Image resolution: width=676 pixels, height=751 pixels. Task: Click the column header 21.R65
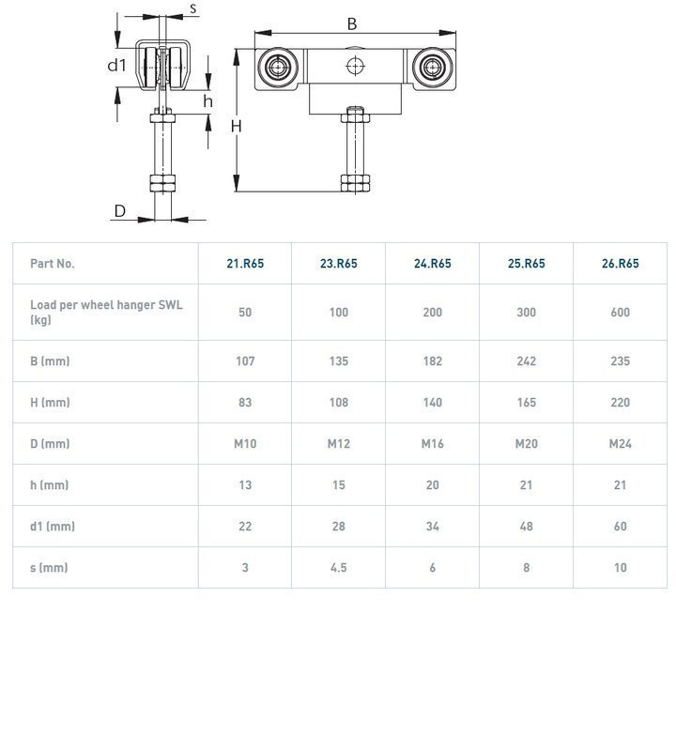tap(245, 264)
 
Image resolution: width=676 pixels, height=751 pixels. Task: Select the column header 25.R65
tap(527, 264)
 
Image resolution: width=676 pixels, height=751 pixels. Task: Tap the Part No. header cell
tap(53, 264)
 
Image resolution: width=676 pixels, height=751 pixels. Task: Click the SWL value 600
tap(621, 313)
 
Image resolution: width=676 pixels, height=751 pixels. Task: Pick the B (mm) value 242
tap(527, 361)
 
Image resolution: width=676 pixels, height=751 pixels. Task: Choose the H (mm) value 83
tap(245, 403)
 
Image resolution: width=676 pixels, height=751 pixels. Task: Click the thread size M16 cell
tap(433, 444)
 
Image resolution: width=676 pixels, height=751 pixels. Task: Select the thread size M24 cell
tap(621, 444)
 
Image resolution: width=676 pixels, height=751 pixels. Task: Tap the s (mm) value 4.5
tap(339, 568)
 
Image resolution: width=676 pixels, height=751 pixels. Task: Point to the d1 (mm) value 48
tap(527, 527)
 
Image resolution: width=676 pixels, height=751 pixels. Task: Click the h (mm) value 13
tap(245, 485)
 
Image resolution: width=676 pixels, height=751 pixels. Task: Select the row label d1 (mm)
tap(53, 527)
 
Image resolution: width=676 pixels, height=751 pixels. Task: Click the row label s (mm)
tap(49, 568)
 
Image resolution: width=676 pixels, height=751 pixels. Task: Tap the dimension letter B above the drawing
tap(352, 24)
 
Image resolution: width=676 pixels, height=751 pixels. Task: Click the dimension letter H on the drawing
tap(238, 126)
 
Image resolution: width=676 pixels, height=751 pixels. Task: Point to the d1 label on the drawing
tap(116, 65)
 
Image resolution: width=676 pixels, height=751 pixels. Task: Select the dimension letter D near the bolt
tap(120, 211)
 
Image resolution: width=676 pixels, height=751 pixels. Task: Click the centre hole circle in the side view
tap(355, 66)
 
